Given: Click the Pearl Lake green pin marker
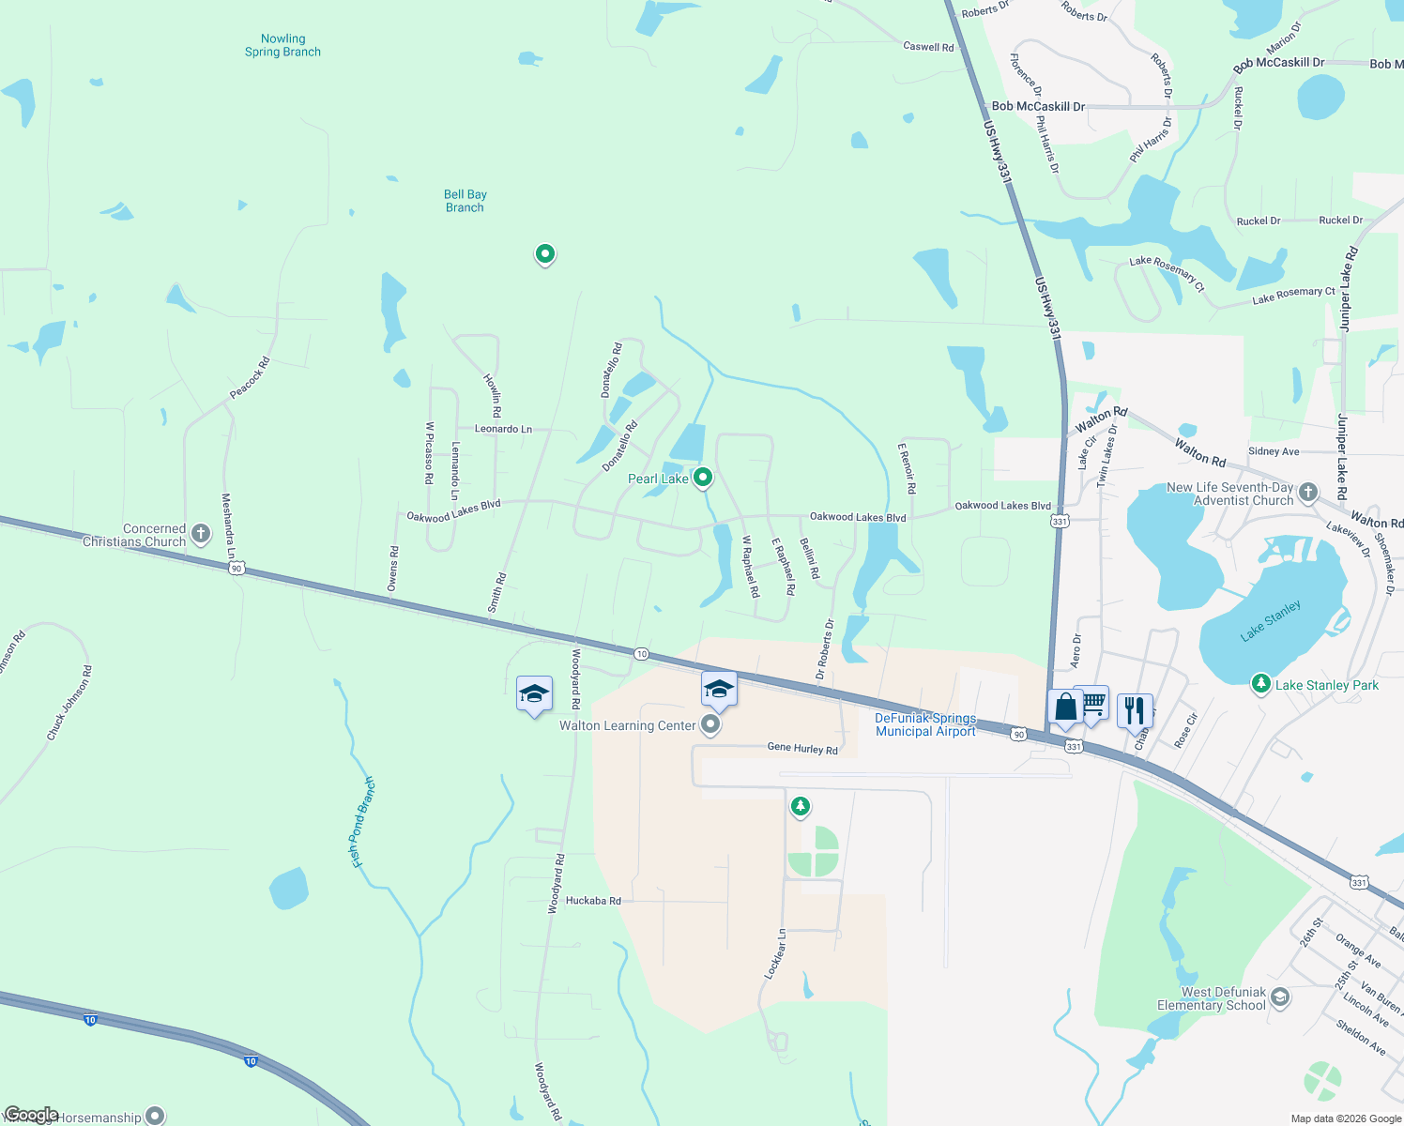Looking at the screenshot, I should [702, 478].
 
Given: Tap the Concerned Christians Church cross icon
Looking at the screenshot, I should [200, 534].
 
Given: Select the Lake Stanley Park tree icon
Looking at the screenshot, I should [1261, 684].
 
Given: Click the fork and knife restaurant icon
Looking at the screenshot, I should [1135, 710].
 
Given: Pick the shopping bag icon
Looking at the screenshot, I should [1065, 707].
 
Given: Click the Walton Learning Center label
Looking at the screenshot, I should [627, 725].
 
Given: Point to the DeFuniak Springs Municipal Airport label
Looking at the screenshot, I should [925, 724].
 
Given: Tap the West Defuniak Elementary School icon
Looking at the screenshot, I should [1279, 997].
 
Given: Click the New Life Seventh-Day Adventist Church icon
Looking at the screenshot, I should [1308, 492].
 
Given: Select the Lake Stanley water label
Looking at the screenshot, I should [1271, 621].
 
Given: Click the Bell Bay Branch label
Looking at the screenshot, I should [465, 201].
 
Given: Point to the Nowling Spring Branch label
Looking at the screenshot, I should [282, 45].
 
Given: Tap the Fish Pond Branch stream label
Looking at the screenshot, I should [362, 822].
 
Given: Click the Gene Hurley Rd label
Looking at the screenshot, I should [802, 748].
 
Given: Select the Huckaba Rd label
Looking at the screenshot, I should [593, 901].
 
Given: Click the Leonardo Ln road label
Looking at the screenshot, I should [503, 429].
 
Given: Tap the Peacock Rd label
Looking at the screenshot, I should [251, 376].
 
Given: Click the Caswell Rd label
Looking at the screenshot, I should [928, 46].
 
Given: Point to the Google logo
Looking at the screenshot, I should [31, 1115].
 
